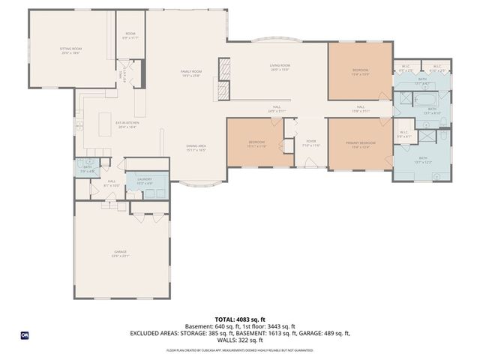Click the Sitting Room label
70,51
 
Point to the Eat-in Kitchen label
127,124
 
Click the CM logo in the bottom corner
25,334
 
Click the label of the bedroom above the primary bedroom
360,72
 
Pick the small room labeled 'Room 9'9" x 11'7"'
130,35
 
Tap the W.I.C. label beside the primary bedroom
403,134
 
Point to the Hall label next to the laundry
111,183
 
